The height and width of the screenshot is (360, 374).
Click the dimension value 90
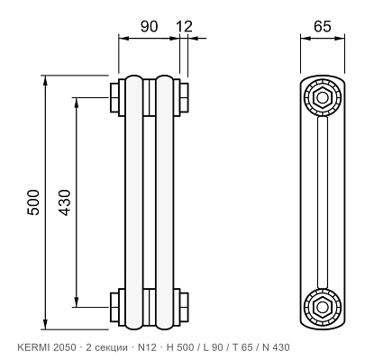point(149,26)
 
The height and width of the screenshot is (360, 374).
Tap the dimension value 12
point(184,26)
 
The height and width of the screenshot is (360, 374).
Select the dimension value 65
point(323,26)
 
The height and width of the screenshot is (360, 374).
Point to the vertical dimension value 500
point(33,202)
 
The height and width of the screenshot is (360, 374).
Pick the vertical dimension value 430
point(64,202)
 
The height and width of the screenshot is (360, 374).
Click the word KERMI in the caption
point(34,347)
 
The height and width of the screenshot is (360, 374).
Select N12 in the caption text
point(147,347)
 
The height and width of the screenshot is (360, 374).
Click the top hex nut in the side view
point(322,97)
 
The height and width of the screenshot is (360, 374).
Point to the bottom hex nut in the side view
point(322,307)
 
